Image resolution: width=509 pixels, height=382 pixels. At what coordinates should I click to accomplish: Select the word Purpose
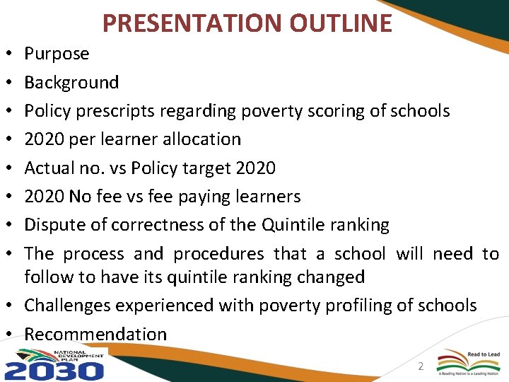pos(57,54)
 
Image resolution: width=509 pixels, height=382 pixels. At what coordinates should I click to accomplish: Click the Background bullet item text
pos(71,82)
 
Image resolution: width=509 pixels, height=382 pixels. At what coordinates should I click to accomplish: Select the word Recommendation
pos(95,334)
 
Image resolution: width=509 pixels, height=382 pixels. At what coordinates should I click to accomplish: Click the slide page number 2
pos(420,366)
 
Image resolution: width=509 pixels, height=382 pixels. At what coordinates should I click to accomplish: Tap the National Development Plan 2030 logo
pos(55,364)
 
